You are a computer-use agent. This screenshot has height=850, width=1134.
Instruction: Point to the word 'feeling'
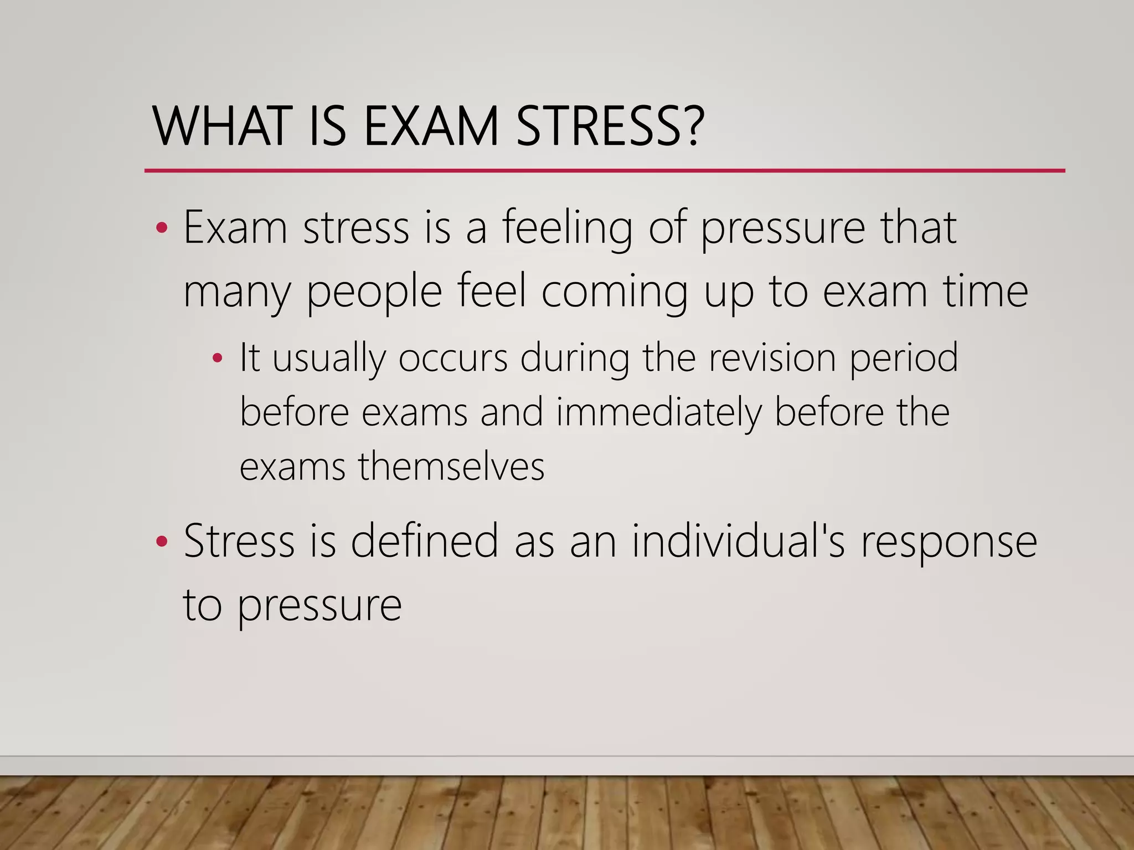[x=568, y=228]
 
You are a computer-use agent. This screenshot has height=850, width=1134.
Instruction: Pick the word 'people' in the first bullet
[x=374, y=292]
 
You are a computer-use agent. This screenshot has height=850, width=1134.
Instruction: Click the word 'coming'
[x=615, y=292]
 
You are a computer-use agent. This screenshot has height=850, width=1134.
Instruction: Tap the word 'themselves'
[x=451, y=467]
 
